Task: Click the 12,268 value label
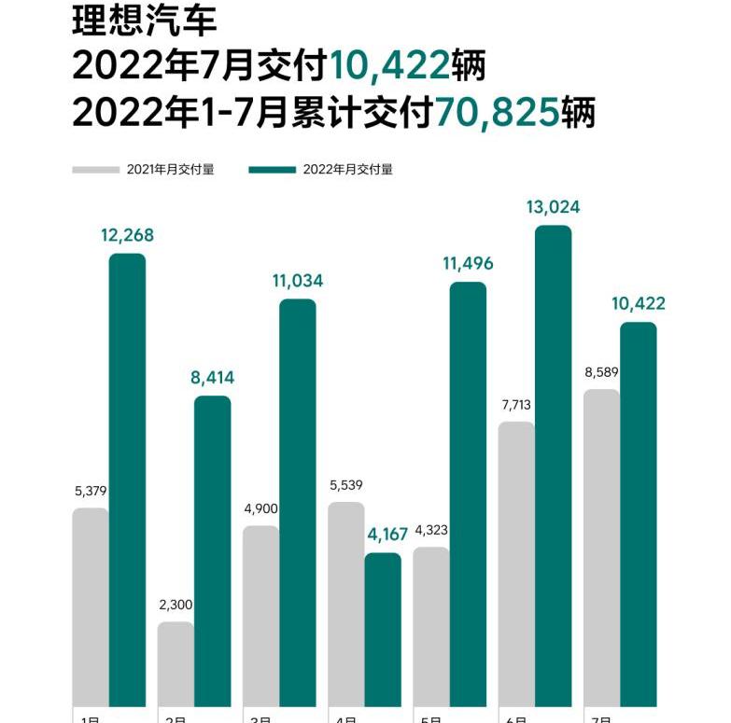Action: tap(127, 235)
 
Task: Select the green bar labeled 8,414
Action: tap(212, 550)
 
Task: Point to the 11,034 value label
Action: tap(298, 281)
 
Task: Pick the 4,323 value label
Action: tap(430, 530)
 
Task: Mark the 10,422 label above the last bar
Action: tap(639, 304)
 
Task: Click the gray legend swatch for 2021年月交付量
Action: tap(96, 170)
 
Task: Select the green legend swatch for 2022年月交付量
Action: tap(272, 170)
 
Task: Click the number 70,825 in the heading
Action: tap(497, 115)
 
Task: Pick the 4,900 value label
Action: tap(260, 508)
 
